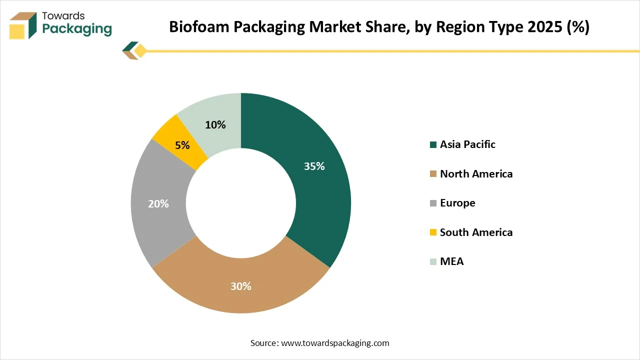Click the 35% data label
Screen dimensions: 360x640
314,166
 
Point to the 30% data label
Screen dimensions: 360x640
240,286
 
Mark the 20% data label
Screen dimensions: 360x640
158,204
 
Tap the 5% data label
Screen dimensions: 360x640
182,145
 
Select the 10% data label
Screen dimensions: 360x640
215,125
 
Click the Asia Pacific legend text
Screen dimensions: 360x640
467,144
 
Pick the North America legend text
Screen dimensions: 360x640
476,174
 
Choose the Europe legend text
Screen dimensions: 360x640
457,203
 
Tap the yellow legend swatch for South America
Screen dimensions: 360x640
433,232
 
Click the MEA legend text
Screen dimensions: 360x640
451,261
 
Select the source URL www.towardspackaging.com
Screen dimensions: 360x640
335,343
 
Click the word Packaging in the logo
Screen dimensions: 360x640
77,29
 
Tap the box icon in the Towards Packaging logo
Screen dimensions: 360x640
23,25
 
